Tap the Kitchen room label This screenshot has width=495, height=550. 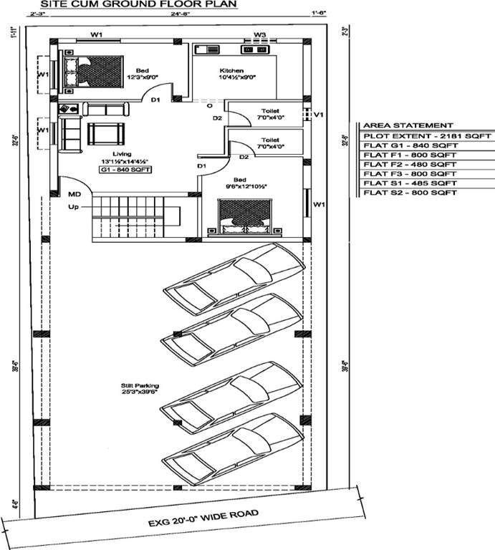(x=231, y=71)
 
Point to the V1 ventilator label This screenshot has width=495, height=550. (x=319, y=115)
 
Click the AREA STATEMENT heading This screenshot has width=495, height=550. (x=398, y=125)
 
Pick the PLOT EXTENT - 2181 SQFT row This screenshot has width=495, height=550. (x=427, y=135)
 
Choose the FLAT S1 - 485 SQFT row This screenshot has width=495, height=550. (x=410, y=183)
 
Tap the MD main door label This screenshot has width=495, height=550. (x=75, y=194)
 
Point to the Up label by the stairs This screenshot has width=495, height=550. (x=73, y=207)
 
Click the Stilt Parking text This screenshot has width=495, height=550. (x=135, y=386)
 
